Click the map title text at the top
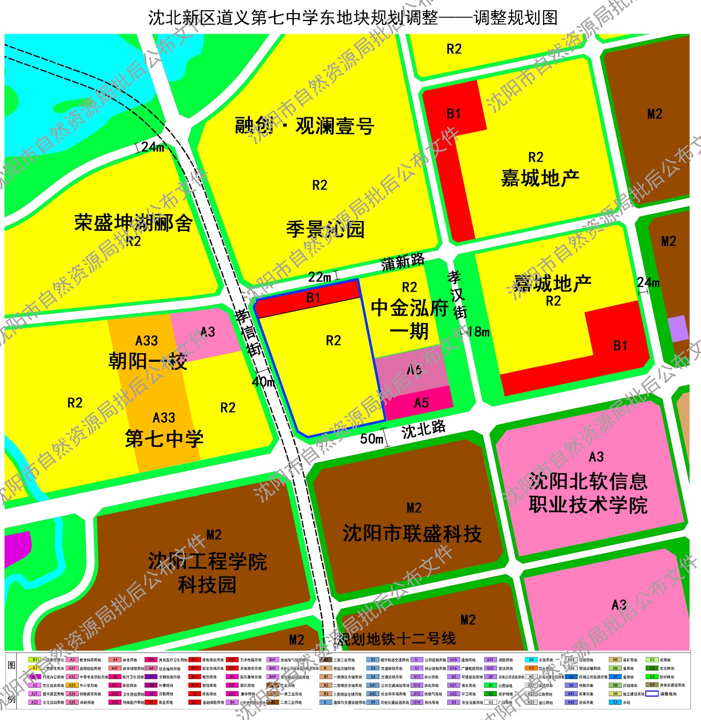pyautogui.click(x=353, y=18)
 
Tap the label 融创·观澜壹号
pyautogui.click(x=305, y=126)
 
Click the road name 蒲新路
pyautogui.click(x=403, y=262)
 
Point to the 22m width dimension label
pyautogui.click(x=319, y=277)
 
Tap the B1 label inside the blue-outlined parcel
pyautogui.click(x=313, y=297)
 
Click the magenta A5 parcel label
pyautogui.click(x=421, y=403)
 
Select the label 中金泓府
pyautogui.click(x=409, y=309)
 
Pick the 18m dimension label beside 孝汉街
pyautogui.click(x=478, y=332)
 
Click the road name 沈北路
pyautogui.click(x=423, y=430)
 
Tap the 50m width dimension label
pyautogui.click(x=371, y=439)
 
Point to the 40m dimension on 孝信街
pyautogui.click(x=263, y=382)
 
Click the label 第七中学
pyautogui.click(x=164, y=439)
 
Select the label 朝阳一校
pyautogui.click(x=148, y=361)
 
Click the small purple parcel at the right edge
pyautogui.click(x=678, y=328)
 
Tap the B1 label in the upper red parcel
pyautogui.click(x=454, y=114)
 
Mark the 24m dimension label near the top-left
pyautogui.click(x=153, y=147)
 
